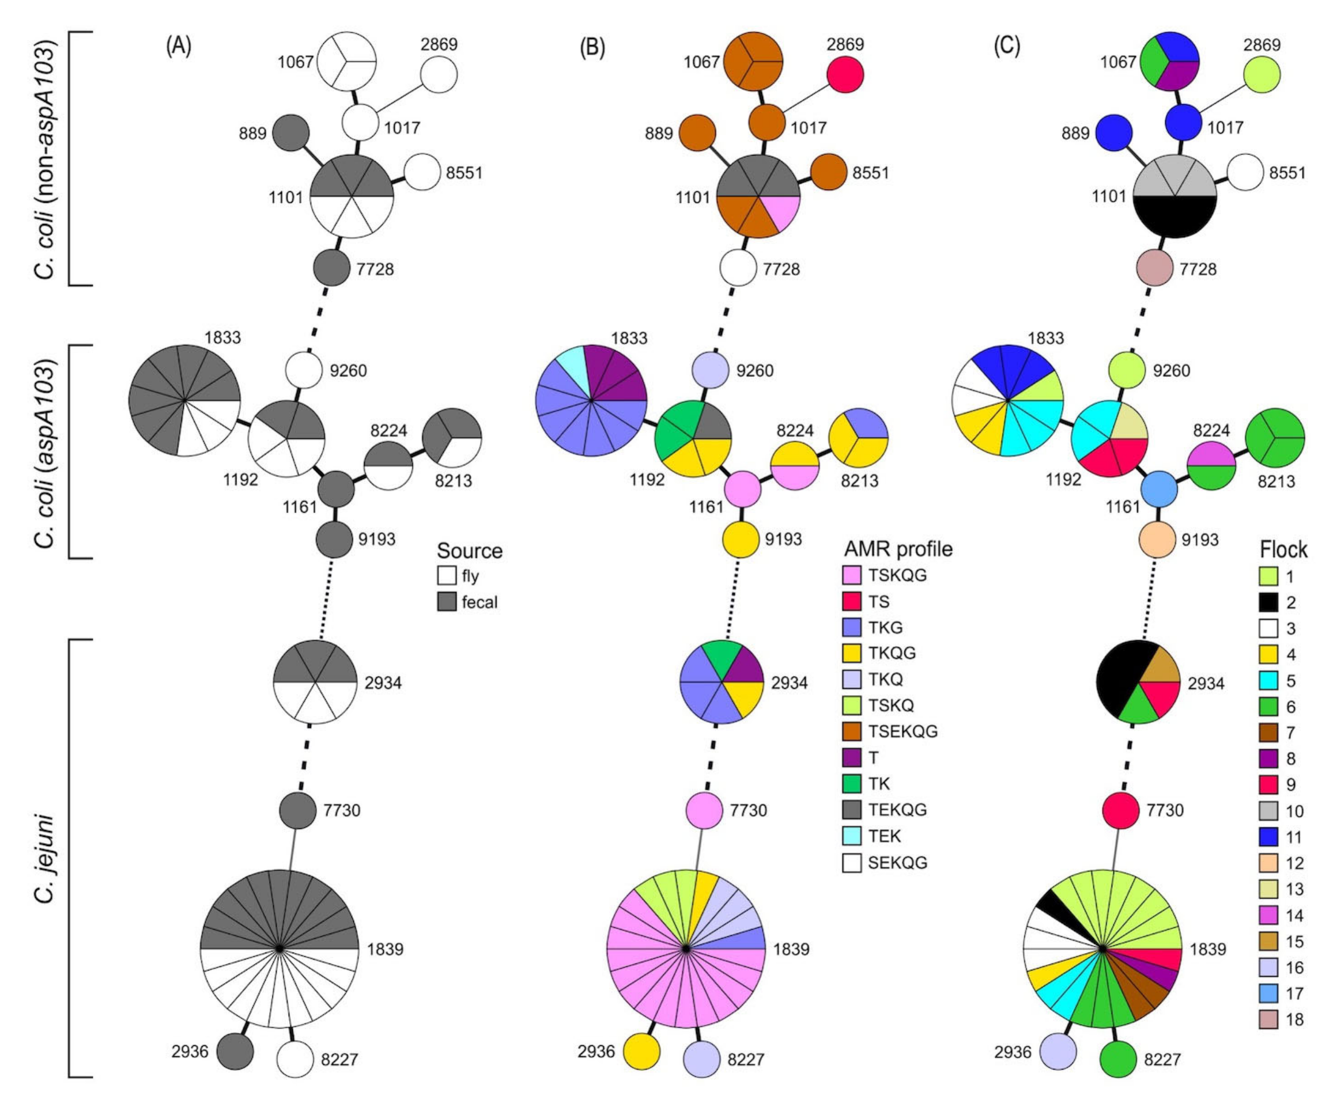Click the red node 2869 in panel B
pyautogui.click(x=845, y=74)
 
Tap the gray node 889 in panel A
pyautogui.click(x=291, y=133)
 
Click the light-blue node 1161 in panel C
pyautogui.click(x=1158, y=490)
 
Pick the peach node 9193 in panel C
pyautogui.click(x=1157, y=540)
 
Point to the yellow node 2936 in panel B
pyautogui.click(x=641, y=1051)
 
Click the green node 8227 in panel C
pyautogui.click(x=1119, y=1059)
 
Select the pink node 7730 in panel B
pyautogui.click(x=704, y=811)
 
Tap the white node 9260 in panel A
pyautogui.click(x=304, y=370)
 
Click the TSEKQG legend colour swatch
pyautogui.click(x=852, y=731)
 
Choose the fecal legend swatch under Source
pyautogui.click(x=447, y=602)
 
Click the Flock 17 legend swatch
pyautogui.click(x=1268, y=993)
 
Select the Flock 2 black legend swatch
pyautogui.click(x=1268, y=602)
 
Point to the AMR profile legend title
pyautogui.click(x=898, y=549)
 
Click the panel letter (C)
pyautogui.click(x=1007, y=47)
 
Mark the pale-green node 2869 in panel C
pyautogui.click(x=1262, y=74)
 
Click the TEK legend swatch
pyautogui.click(x=852, y=836)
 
